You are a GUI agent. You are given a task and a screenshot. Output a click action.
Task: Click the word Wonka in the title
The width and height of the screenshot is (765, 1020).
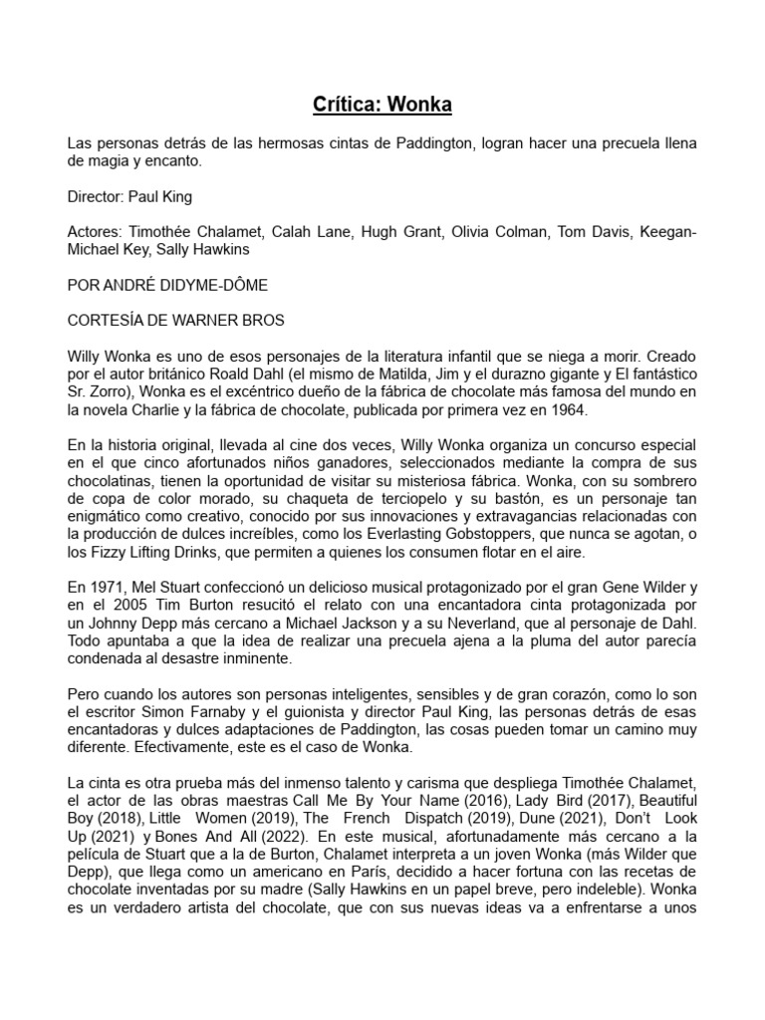pos(420,104)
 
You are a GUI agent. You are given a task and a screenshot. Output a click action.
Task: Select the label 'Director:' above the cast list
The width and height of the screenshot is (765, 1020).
pos(97,196)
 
